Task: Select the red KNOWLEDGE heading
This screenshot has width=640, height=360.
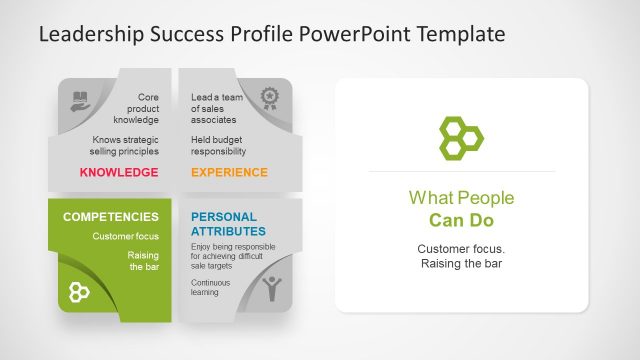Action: click(x=119, y=173)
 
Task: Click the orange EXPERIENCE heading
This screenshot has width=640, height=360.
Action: click(x=229, y=173)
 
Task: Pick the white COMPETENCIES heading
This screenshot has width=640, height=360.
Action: click(x=110, y=216)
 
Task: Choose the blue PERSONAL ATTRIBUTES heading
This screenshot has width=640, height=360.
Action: click(x=223, y=223)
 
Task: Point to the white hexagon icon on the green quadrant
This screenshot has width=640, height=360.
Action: click(x=79, y=291)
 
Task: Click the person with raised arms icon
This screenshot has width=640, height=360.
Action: click(x=271, y=289)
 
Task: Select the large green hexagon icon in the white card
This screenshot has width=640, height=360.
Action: click(x=461, y=137)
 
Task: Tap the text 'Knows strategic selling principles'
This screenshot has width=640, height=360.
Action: click(x=125, y=146)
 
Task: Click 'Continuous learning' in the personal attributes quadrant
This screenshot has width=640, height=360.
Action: click(x=210, y=289)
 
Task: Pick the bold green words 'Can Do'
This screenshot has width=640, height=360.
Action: click(x=461, y=220)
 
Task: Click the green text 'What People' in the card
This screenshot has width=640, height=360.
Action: click(x=461, y=198)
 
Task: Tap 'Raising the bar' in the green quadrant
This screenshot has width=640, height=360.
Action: click(x=143, y=261)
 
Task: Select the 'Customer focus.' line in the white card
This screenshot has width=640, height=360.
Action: click(x=461, y=248)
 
